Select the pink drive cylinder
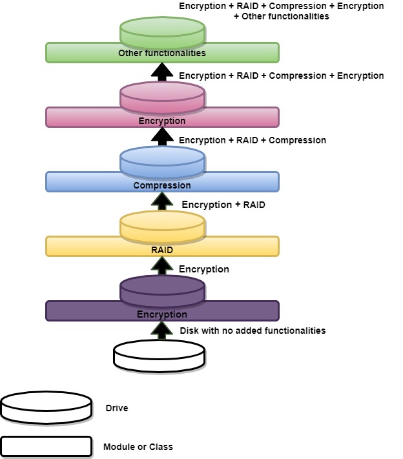(x=162, y=97)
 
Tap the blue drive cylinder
(x=162, y=161)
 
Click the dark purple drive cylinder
(x=162, y=290)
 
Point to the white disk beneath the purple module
(x=159, y=356)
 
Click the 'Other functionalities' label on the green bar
(x=162, y=53)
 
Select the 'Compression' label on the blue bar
(x=162, y=185)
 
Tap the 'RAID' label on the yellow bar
(x=162, y=250)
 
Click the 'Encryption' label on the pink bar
(x=162, y=121)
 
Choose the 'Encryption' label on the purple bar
(x=162, y=314)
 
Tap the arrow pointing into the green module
(x=162, y=70)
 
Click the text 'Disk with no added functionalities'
(x=253, y=331)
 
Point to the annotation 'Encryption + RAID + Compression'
(x=253, y=140)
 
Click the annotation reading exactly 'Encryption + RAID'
(x=223, y=205)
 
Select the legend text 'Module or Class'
(x=138, y=446)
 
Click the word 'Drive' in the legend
(x=117, y=408)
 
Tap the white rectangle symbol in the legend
(x=46, y=446)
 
